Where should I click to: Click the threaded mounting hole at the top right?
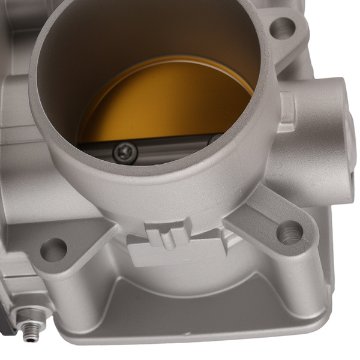[282, 27]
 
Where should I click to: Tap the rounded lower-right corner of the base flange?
[321, 312]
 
